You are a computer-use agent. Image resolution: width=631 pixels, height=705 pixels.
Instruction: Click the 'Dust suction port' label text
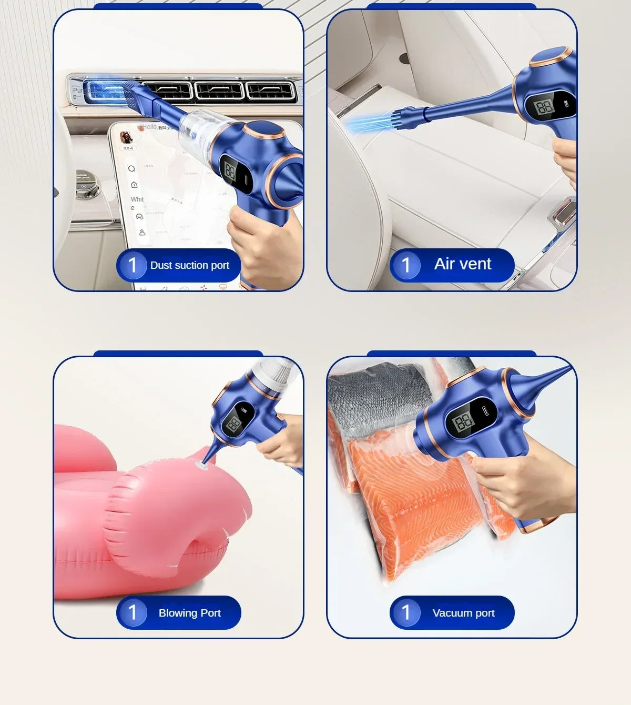[189, 265]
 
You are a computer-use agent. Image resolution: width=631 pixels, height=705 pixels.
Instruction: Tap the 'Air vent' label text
[462, 264]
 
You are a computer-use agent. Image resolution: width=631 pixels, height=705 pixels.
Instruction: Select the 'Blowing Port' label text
[189, 613]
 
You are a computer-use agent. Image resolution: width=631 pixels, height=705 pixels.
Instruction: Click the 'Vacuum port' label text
[463, 613]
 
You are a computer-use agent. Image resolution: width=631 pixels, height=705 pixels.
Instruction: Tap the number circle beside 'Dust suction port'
[132, 265]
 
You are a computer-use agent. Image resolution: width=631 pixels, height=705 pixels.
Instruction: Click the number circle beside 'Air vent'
[405, 265]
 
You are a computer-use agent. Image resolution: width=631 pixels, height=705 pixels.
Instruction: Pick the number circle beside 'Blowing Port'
[132, 612]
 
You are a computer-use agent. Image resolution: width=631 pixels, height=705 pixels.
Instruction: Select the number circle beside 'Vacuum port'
[405, 612]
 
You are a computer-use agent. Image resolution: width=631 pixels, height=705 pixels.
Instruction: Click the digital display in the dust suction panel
[230, 170]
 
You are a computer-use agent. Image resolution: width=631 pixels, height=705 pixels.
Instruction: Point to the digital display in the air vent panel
[544, 108]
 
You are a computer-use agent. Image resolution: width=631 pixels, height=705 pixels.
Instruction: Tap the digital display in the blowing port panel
[233, 424]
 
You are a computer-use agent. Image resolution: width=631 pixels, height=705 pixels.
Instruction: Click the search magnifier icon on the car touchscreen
[131, 169]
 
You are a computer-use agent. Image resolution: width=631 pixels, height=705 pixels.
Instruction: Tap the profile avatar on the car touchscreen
[126, 137]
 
